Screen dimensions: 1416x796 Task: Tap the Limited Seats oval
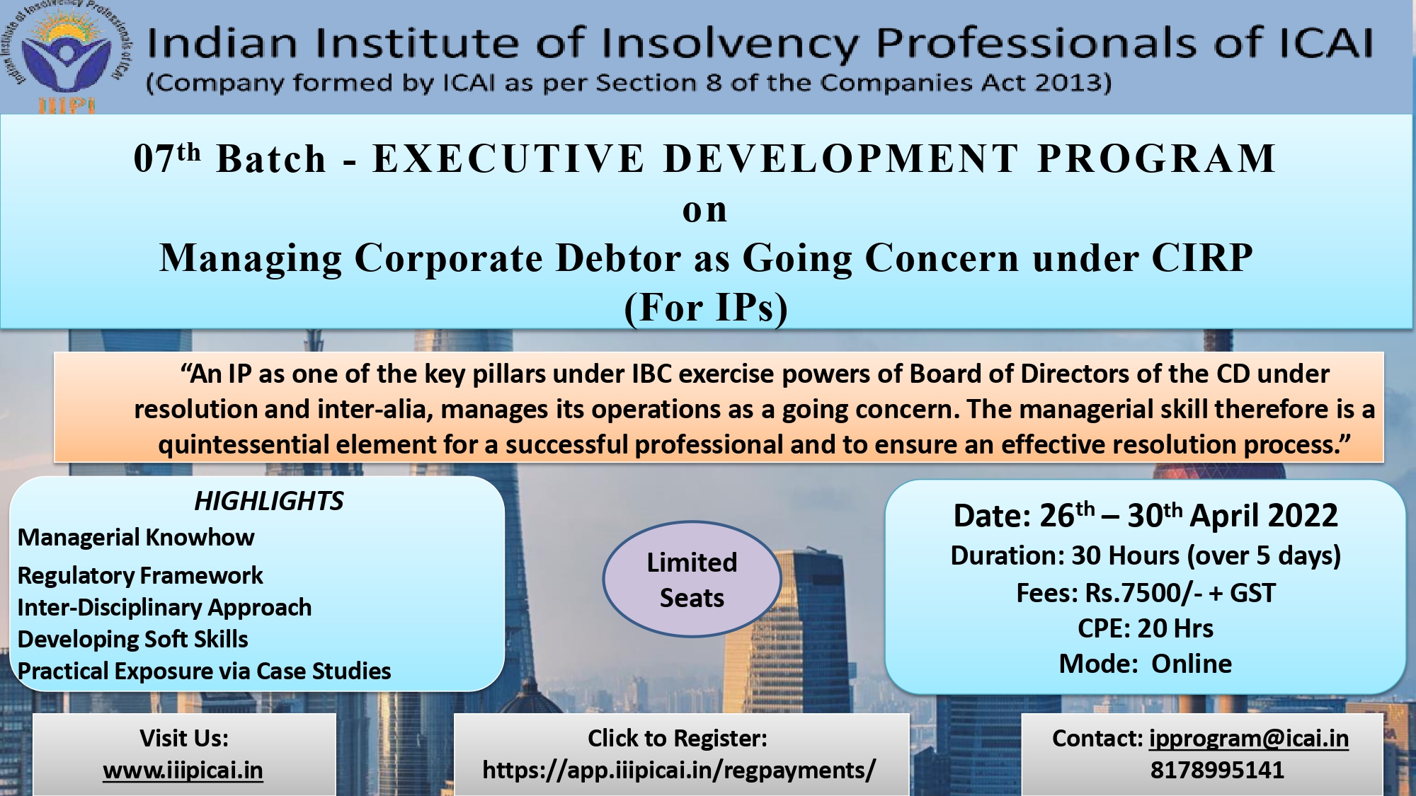click(x=692, y=579)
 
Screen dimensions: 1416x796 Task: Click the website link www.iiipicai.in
click(x=183, y=770)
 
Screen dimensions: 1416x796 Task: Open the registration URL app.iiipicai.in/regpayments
click(x=679, y=770)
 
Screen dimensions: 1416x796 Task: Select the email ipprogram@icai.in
click(x=1249, y=739)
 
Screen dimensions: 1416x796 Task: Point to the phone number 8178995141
click(x=1217, y=770)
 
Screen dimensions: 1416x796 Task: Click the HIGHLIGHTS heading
click(x=269, y=501)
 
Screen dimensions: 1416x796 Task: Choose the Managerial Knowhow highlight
click(x=136, y=538)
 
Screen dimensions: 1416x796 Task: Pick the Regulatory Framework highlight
click(x=140, y=576)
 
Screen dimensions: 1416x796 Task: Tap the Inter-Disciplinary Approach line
click(x=164, y=608)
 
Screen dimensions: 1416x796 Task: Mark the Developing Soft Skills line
click(x=133, y=640)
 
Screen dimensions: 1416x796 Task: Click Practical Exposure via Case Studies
click(x=205, y=671)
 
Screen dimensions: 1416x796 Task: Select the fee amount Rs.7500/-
click(x=1144, y=593)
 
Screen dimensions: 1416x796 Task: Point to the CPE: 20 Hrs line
click(x=1146, y=628)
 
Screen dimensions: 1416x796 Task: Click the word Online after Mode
click(x=1192, y=664)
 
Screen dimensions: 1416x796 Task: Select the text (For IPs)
click(x=706, y=308)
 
